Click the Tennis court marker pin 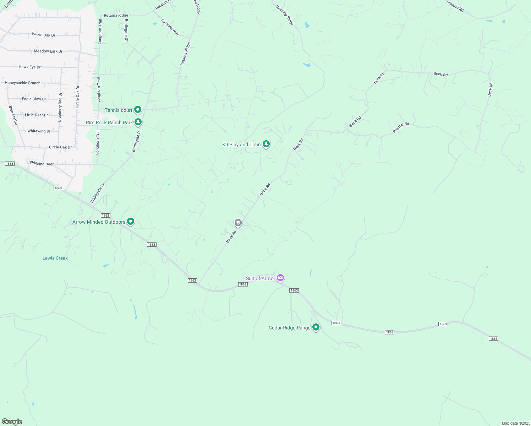tap(138, 110)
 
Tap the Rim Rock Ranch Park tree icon tap(138, 122)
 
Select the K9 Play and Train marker tap(266, 144)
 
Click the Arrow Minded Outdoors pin tap(131, 222)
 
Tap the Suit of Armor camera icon tap(280, 278)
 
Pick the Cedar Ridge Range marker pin tap(316, 327)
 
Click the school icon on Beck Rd tap(238, 223)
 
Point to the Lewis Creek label tap(55, 258)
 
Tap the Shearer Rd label tap(455, 6)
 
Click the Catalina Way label tap(170, 27)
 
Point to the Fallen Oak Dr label tap(44, 35)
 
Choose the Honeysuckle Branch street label tap(23, 83)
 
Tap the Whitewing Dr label tap(39, 131)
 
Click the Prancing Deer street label tap(42, 164)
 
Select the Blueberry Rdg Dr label tap(60, 107)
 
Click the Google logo tap(12, 422)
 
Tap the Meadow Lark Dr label tap(48, 51)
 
